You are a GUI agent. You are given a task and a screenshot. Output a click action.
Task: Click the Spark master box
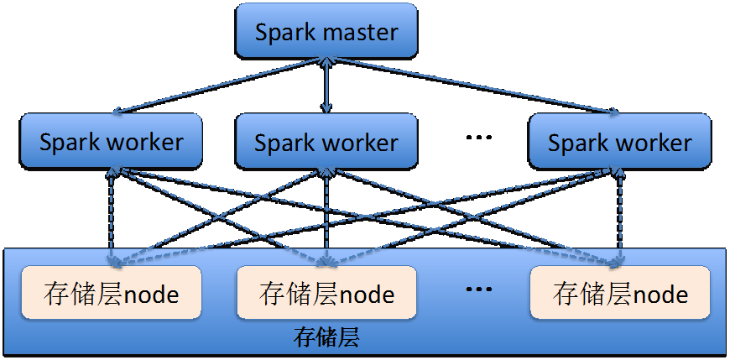click(x=326, y=31)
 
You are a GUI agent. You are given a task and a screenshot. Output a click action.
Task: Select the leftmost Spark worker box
click(x=111, y=141)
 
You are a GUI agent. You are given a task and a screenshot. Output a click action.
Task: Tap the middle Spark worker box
click(x=326, y=141)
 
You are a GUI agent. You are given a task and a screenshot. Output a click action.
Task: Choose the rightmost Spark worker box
click(x=620, y=141)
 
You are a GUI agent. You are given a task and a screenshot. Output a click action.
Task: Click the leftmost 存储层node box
click(x=111, y=294)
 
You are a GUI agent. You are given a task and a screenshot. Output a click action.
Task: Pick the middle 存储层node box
click(x=326, y=294)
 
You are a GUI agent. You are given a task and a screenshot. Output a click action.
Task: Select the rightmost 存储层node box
click(x=620, y=294)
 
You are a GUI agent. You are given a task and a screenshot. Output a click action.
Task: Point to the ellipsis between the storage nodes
click(x=477, y=290)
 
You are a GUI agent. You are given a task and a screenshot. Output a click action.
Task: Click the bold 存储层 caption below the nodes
click(x=326, y=338)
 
